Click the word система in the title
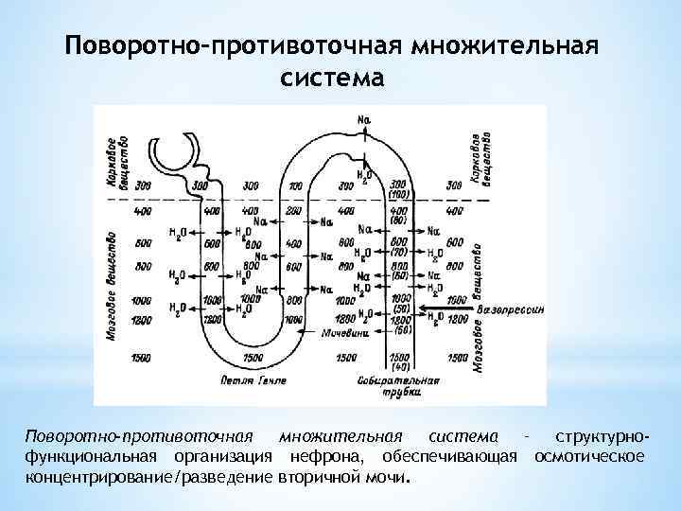pos(332,78)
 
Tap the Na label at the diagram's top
pos(364,119)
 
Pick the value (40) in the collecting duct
pos(401,365)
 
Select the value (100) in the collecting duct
pos(398,194)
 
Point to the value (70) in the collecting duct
pos(401,254)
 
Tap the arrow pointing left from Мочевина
pos(307,332)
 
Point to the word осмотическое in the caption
pos(590,457)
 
